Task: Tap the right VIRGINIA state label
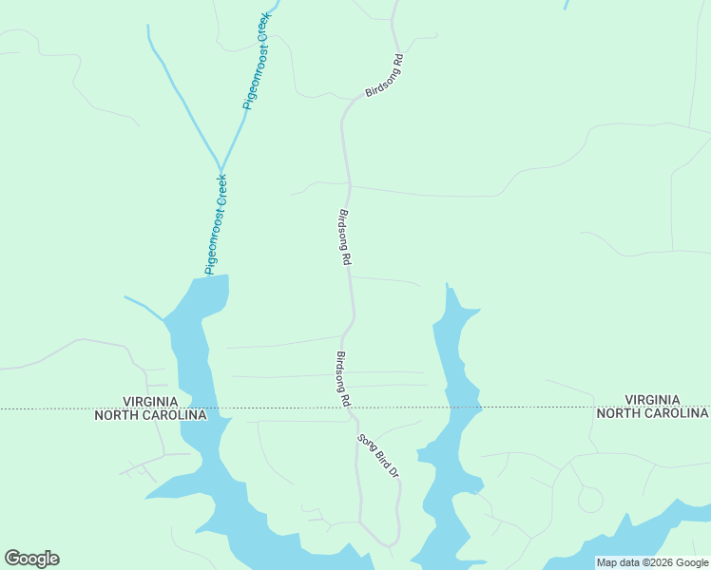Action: click(x=652, y=399)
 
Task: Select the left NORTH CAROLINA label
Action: click(x=150, y=415)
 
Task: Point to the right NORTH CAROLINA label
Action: click(x=652, y=413)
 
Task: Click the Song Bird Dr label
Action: click(x=376, y=456)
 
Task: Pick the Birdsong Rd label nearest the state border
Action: click(x=343, y=379)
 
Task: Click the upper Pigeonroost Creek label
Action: click(x=258, y=61)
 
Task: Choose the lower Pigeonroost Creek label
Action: click(x=216, y=224)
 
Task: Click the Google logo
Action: click(x=31, y=559)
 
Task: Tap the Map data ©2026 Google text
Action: click(x=652, y=562)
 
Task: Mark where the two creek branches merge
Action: click(x=221, y=167)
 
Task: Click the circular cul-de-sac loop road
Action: click(x=590, y=499)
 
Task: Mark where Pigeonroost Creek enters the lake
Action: click(x=205, y=276)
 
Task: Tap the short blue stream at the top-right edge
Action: click(x=567, y=5)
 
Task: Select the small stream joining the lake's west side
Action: click(x=143, y=305)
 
